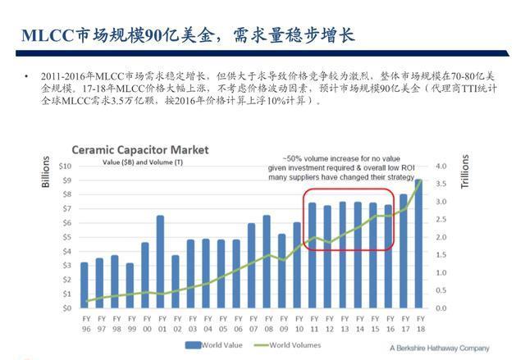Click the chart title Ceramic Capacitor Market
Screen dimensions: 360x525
140,150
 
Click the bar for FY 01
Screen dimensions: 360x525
160,262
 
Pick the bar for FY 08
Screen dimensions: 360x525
267,262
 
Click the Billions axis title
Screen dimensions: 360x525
47,172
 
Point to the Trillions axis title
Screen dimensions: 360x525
464,172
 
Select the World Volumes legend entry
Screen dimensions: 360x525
292,345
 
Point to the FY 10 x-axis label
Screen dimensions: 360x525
297,321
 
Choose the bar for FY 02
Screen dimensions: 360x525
175,281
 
